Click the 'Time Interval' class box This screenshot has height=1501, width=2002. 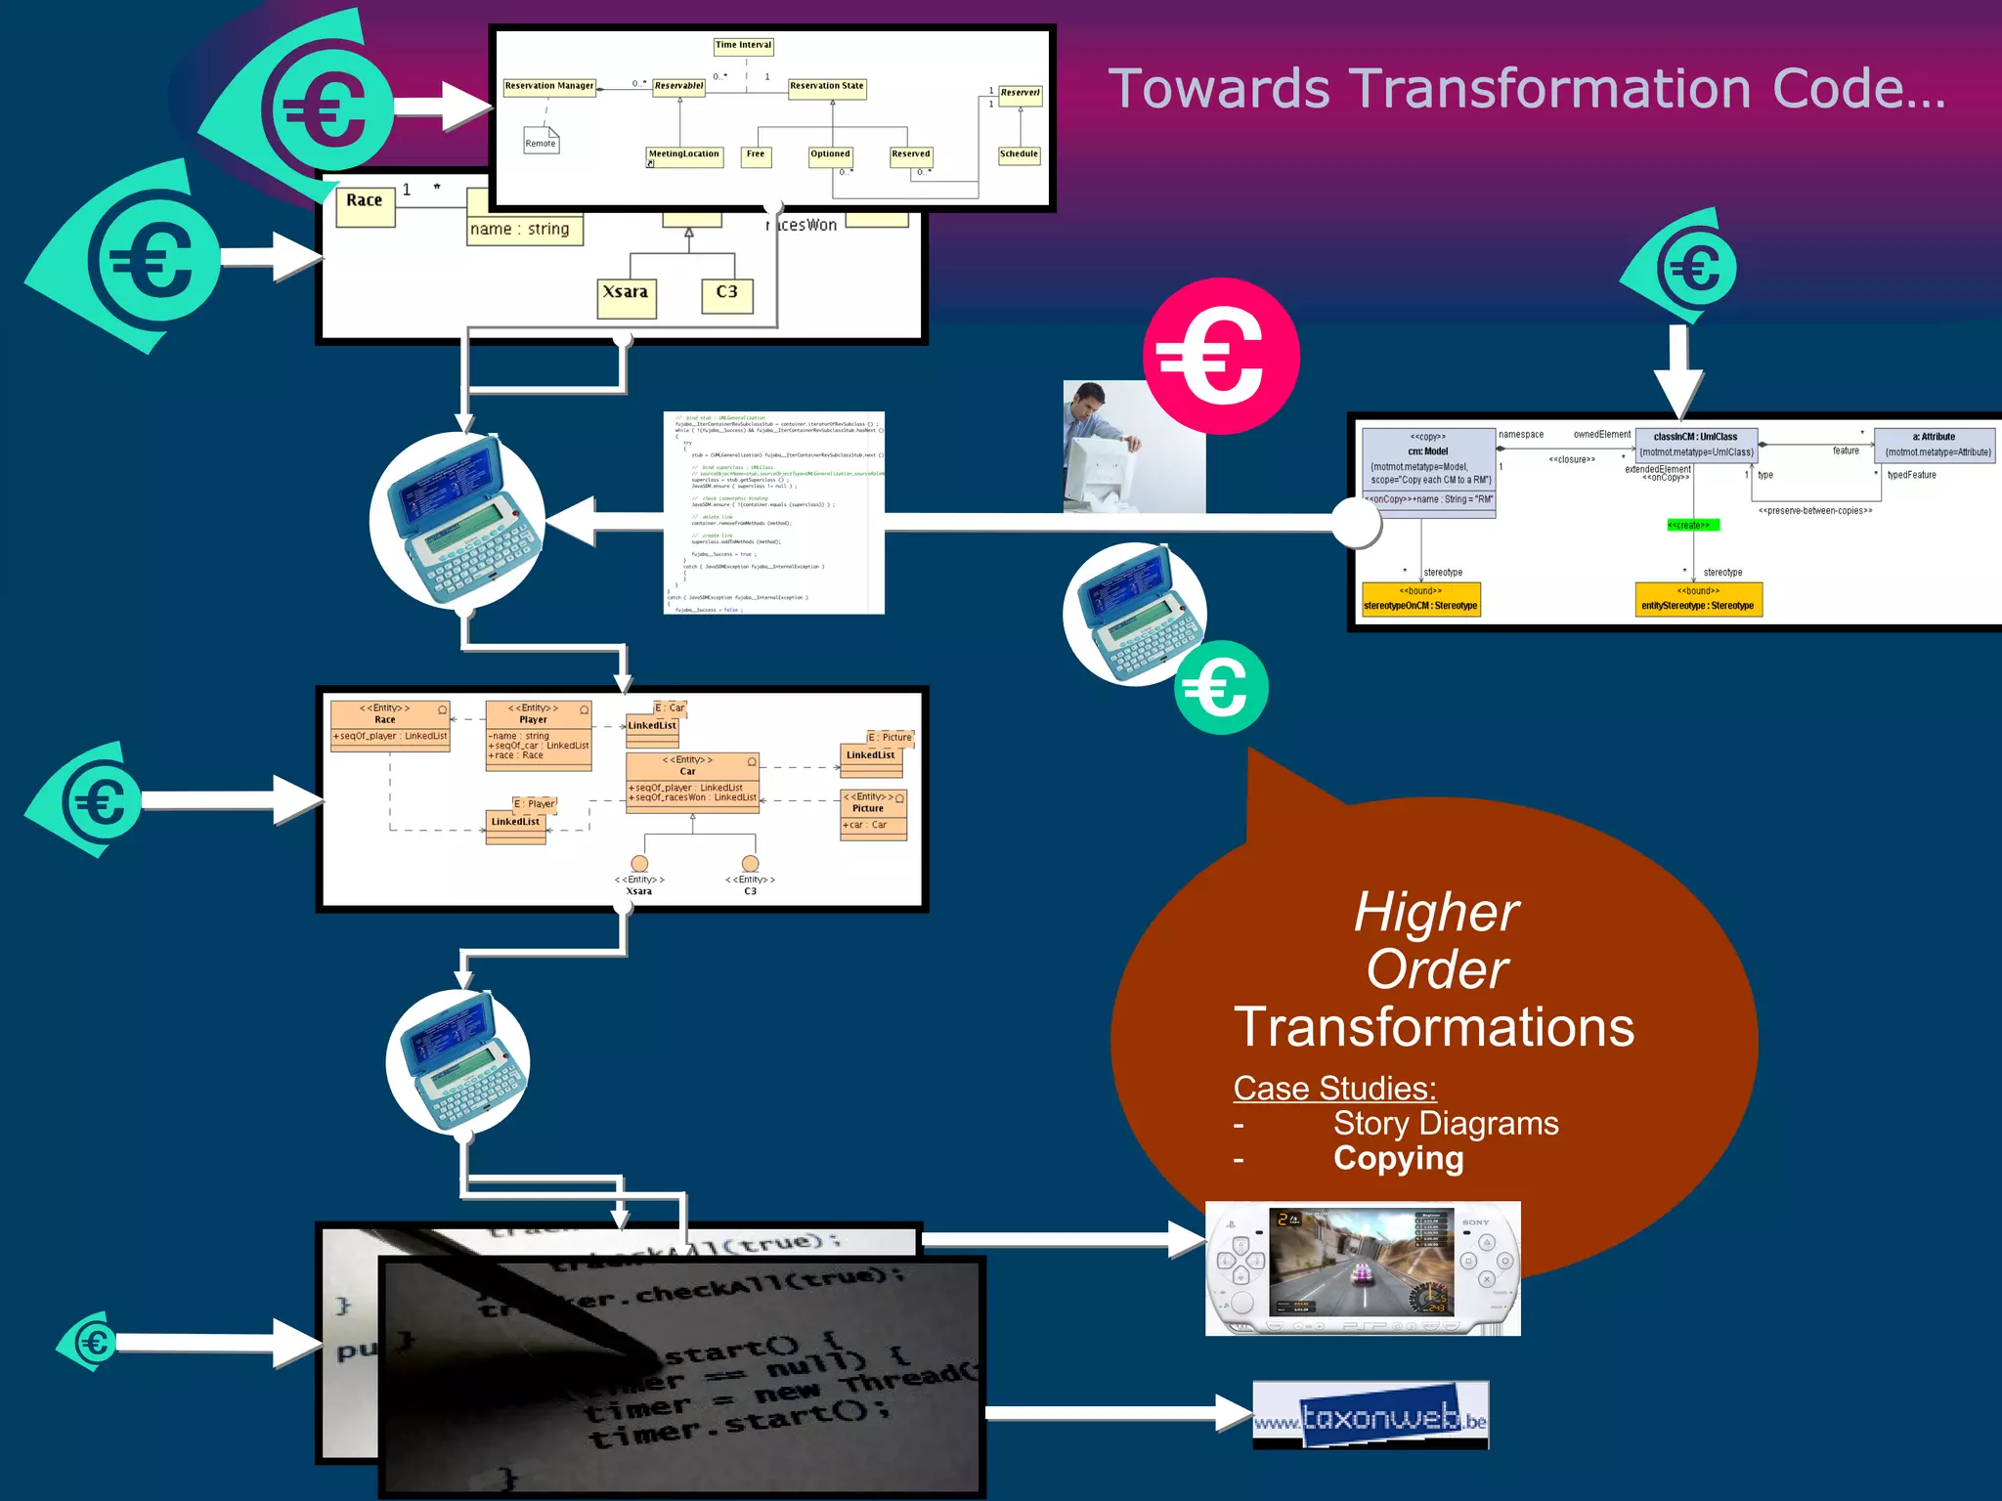coord(743,45)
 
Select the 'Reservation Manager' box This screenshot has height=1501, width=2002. coord(549,86)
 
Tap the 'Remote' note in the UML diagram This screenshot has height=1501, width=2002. coord(541,142)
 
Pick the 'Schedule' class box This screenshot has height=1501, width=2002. coord(1019,154)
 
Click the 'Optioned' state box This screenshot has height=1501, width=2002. coord(830,154)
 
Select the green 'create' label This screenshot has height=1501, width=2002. coord(1691,526)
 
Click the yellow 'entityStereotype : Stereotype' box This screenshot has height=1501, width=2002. coord(1698,599)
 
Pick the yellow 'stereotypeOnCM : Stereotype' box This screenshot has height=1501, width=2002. coord(1420,599)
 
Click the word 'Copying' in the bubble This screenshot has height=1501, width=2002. coord(1398,1158)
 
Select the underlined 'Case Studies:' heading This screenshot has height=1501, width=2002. coord(1334,1088)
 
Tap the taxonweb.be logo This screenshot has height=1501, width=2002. coord(1371,1416)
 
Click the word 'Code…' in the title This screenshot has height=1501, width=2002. coord(1858,89)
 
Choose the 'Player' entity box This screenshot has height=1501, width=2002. coord(539,735)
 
